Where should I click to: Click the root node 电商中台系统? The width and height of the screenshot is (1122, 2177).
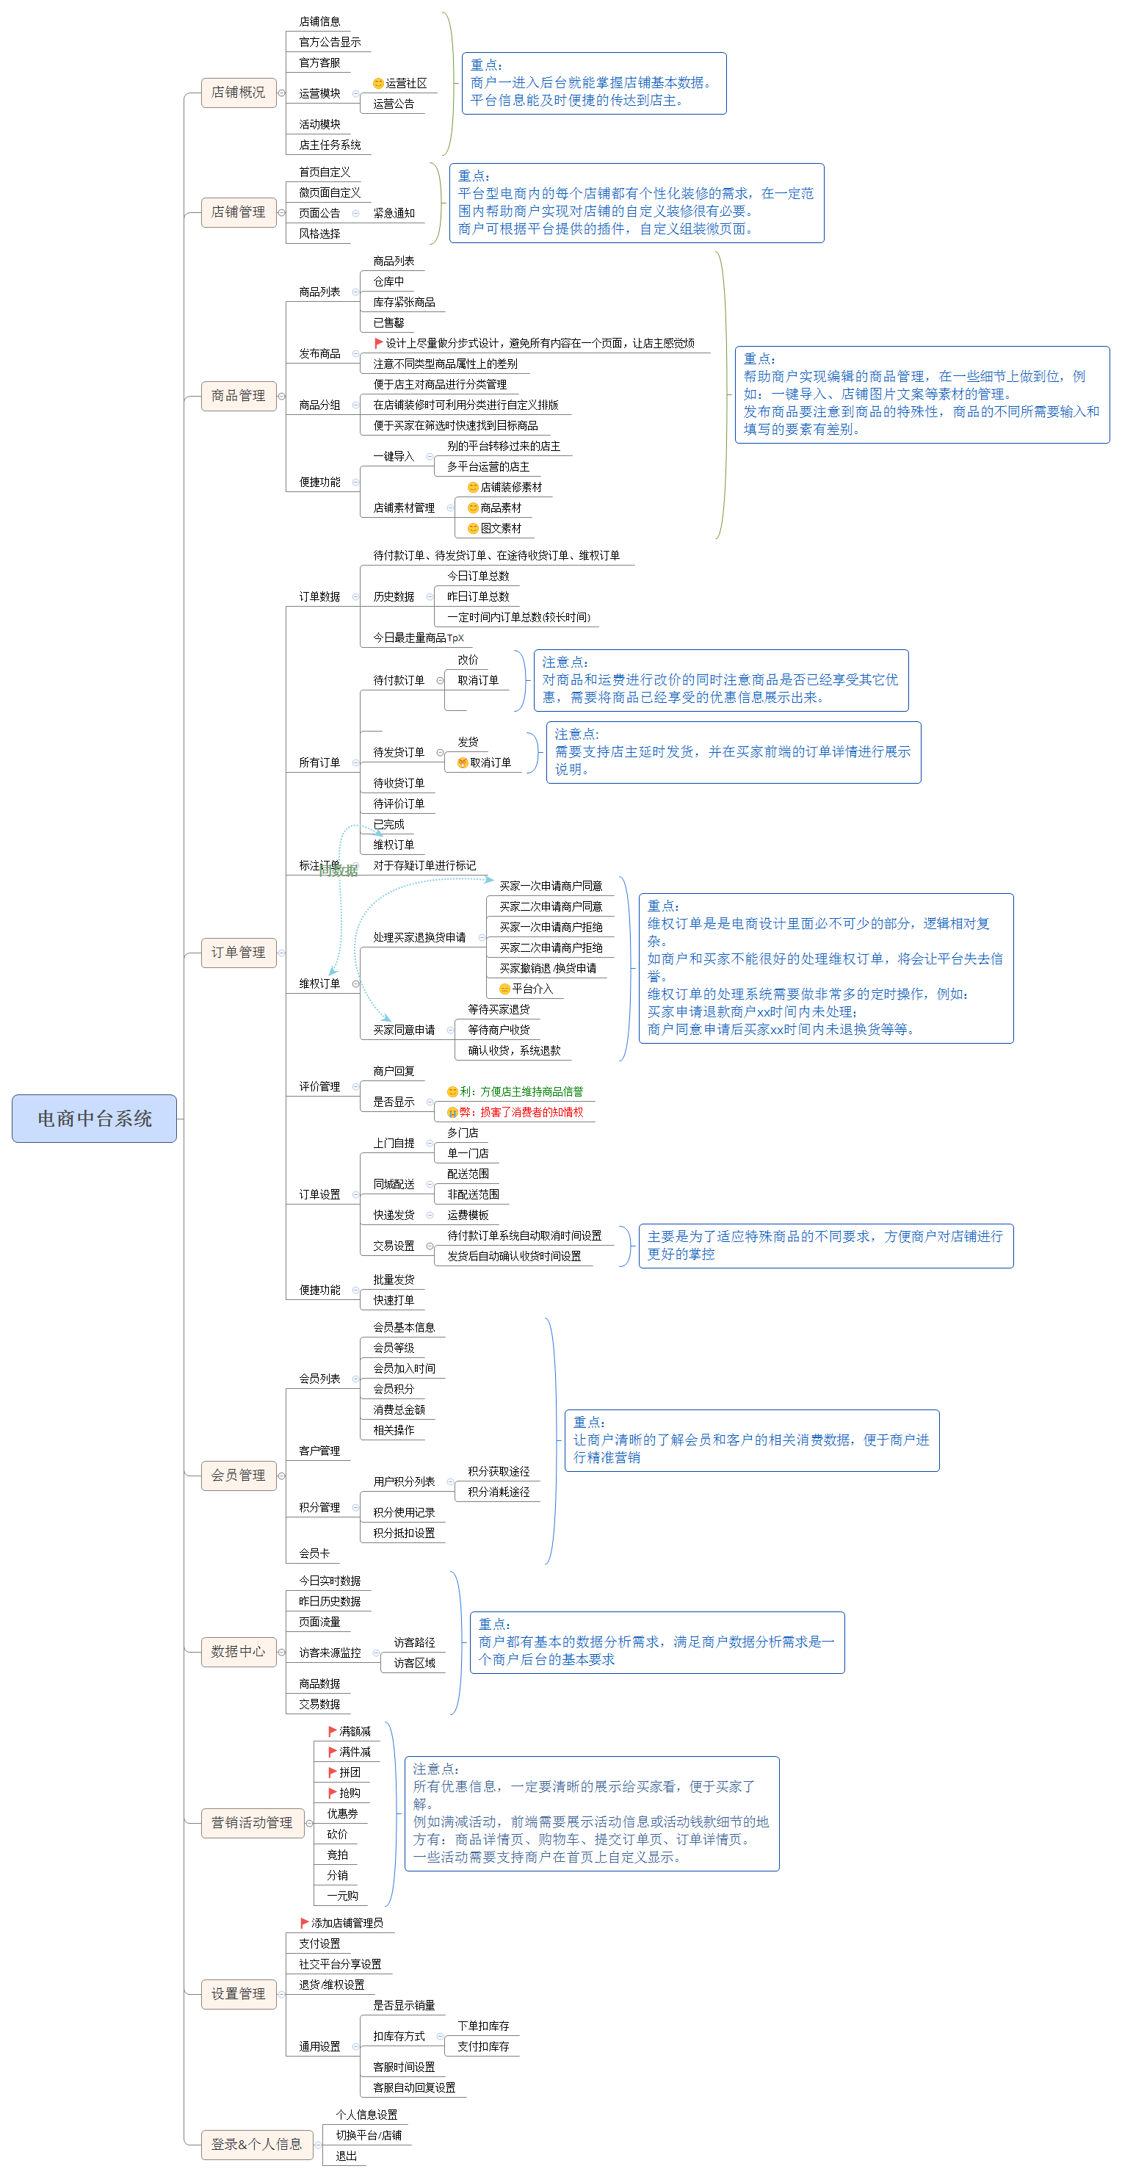click(94, 1118)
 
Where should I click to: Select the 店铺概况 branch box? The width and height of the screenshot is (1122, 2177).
click(238, 92)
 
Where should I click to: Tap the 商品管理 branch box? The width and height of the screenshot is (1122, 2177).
click(238, 395)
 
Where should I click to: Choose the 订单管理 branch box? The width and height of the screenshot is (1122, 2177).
click(238, 953)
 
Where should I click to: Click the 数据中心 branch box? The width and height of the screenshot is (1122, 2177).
click(238, 1651)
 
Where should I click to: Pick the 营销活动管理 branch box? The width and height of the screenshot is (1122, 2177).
click(252, 1823)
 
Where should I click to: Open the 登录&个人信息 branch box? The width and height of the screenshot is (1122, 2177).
click(256, 2144)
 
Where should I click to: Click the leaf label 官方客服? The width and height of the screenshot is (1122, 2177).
click(319, 62)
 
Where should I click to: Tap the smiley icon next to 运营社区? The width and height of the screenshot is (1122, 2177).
click(377, 84)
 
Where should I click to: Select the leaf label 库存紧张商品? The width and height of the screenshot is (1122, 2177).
click(404, 303)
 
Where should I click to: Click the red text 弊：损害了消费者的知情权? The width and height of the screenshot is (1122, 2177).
click(521, 1112)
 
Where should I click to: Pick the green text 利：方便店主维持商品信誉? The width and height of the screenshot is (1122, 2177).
click(521, 1092)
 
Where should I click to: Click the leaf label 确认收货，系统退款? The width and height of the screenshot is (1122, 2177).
click(514, 1050)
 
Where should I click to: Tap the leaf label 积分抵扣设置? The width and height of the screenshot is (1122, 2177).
click(404, 1533)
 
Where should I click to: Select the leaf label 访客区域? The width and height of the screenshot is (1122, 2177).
click(414, 1663)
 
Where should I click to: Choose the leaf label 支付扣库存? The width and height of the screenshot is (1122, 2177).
click(483, 2047)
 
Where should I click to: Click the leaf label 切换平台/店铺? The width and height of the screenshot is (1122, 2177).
click(369, 2136)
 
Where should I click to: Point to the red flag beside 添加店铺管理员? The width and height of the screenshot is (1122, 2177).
click(304, 1924)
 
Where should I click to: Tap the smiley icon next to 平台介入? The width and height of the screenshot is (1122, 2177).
click(504, 989)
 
